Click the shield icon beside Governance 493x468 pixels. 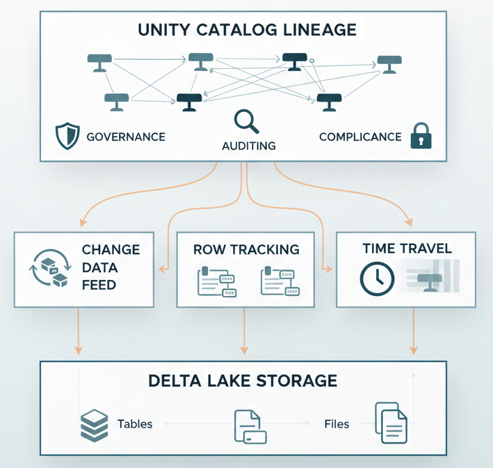(x=67, y=136)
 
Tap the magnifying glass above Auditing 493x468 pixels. (x=245, y=121)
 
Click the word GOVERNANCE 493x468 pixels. (x=126, y=136)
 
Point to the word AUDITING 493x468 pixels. (x=248, y=146)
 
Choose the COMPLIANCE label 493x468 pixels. (x=360, y=136)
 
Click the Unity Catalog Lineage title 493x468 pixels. (x=247, y=30)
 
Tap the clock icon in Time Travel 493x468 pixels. (x=378, y=277)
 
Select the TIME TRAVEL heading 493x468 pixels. (x=407, y=249)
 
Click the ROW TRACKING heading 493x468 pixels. (x=246, y=249)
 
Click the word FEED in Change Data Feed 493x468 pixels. (x=100, y=284)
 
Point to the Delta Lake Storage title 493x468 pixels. (x=243, y=381)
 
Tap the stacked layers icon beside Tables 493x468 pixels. (x=95, y=424)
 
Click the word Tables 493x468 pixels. (x=135, y=423)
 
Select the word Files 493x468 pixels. (x=337, y=423)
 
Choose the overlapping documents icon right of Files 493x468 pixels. (x=390, y=423)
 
